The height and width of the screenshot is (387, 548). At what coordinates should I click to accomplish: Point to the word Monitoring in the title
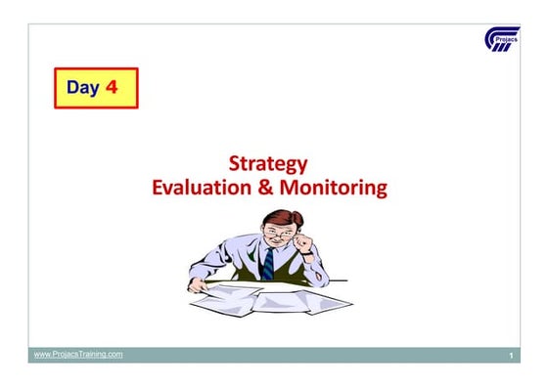[x=334, y=186]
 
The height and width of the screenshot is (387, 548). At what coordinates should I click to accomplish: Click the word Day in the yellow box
[x=83, y=88]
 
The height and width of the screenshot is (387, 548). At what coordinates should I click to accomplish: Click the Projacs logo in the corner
[x=502, y=41]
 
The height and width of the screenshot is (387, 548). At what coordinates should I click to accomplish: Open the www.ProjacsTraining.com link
[x=78, y=354]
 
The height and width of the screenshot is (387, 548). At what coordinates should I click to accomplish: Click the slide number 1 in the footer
[x=511, y=357]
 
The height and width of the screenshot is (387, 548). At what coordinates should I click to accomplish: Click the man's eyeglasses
[x=282, y=233]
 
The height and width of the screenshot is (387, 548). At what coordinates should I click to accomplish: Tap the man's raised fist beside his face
[x=302, y=239]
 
